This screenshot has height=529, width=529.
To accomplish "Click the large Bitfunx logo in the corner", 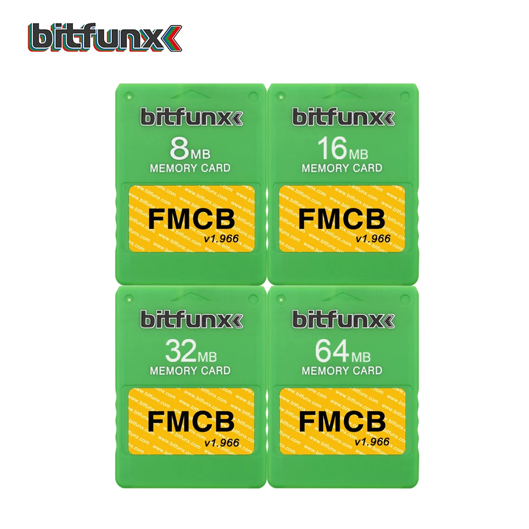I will (x=105, y=38).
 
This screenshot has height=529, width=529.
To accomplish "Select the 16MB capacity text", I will (x=342, y=150).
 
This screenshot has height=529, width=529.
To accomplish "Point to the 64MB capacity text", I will (x=342, y=351).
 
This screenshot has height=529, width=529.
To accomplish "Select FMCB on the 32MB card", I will (x=191, y=422).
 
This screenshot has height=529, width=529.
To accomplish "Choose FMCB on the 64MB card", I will (x=342, y=422).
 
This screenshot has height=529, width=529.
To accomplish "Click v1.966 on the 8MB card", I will (x=221, y=239).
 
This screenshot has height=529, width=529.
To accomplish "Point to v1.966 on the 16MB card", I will (x=373, y=239).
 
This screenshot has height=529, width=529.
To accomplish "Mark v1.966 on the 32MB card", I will (x=221, y=442).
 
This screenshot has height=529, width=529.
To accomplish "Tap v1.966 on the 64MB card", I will (x=373, y=442).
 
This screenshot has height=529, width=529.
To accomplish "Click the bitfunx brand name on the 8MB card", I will (x=190, y=117).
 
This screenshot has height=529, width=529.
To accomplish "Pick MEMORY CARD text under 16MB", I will (x=342, y=168).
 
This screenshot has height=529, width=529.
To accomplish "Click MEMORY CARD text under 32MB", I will (x=190, y=370).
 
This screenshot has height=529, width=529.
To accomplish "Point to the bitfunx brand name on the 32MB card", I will (x=190, y=319).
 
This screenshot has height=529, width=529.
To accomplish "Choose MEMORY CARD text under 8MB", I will (x=190, y=168).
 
